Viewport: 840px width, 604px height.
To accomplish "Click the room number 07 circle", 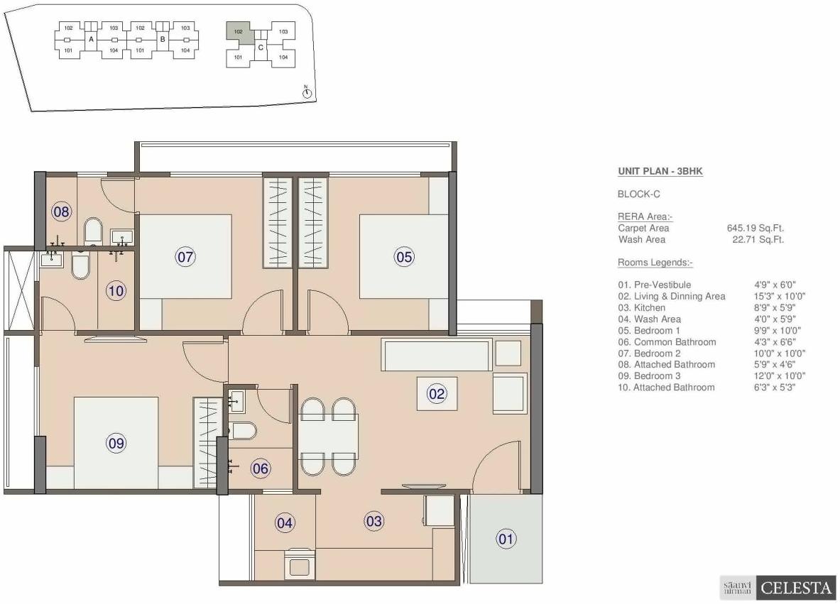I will tap(185, 257).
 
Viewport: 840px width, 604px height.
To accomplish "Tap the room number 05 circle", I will tap(404, 257).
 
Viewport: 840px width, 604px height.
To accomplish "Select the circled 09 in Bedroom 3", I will tap(116, 444).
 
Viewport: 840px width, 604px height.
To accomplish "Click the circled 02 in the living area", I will tap(436, 393).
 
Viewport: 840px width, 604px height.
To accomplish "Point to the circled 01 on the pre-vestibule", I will tap(506, 539).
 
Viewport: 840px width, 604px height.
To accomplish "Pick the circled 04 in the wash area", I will tap(285, 523).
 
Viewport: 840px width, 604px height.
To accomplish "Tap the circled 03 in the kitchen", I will tap(374, 522).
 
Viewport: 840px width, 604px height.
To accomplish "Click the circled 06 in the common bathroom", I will tap(261, 468).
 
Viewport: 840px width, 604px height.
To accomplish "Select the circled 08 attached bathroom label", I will tap(61, 212).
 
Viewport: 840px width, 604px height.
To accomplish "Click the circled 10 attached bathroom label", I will tap(116, 290).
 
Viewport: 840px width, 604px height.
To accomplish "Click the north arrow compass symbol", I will tap(307, 92).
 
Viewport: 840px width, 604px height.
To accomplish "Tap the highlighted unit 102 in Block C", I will tap(239, 31).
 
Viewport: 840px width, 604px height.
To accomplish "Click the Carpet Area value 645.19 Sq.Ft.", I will tap(755, 229).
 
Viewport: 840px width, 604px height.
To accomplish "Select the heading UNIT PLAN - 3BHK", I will tap(660, 172).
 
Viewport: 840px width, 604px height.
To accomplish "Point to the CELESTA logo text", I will tap(795, 588).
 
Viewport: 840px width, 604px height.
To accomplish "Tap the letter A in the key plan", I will tap(91, 40).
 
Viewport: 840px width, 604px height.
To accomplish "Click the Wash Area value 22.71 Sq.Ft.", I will tap(758, 240).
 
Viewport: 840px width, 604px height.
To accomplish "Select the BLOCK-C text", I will tap(639, 194).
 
